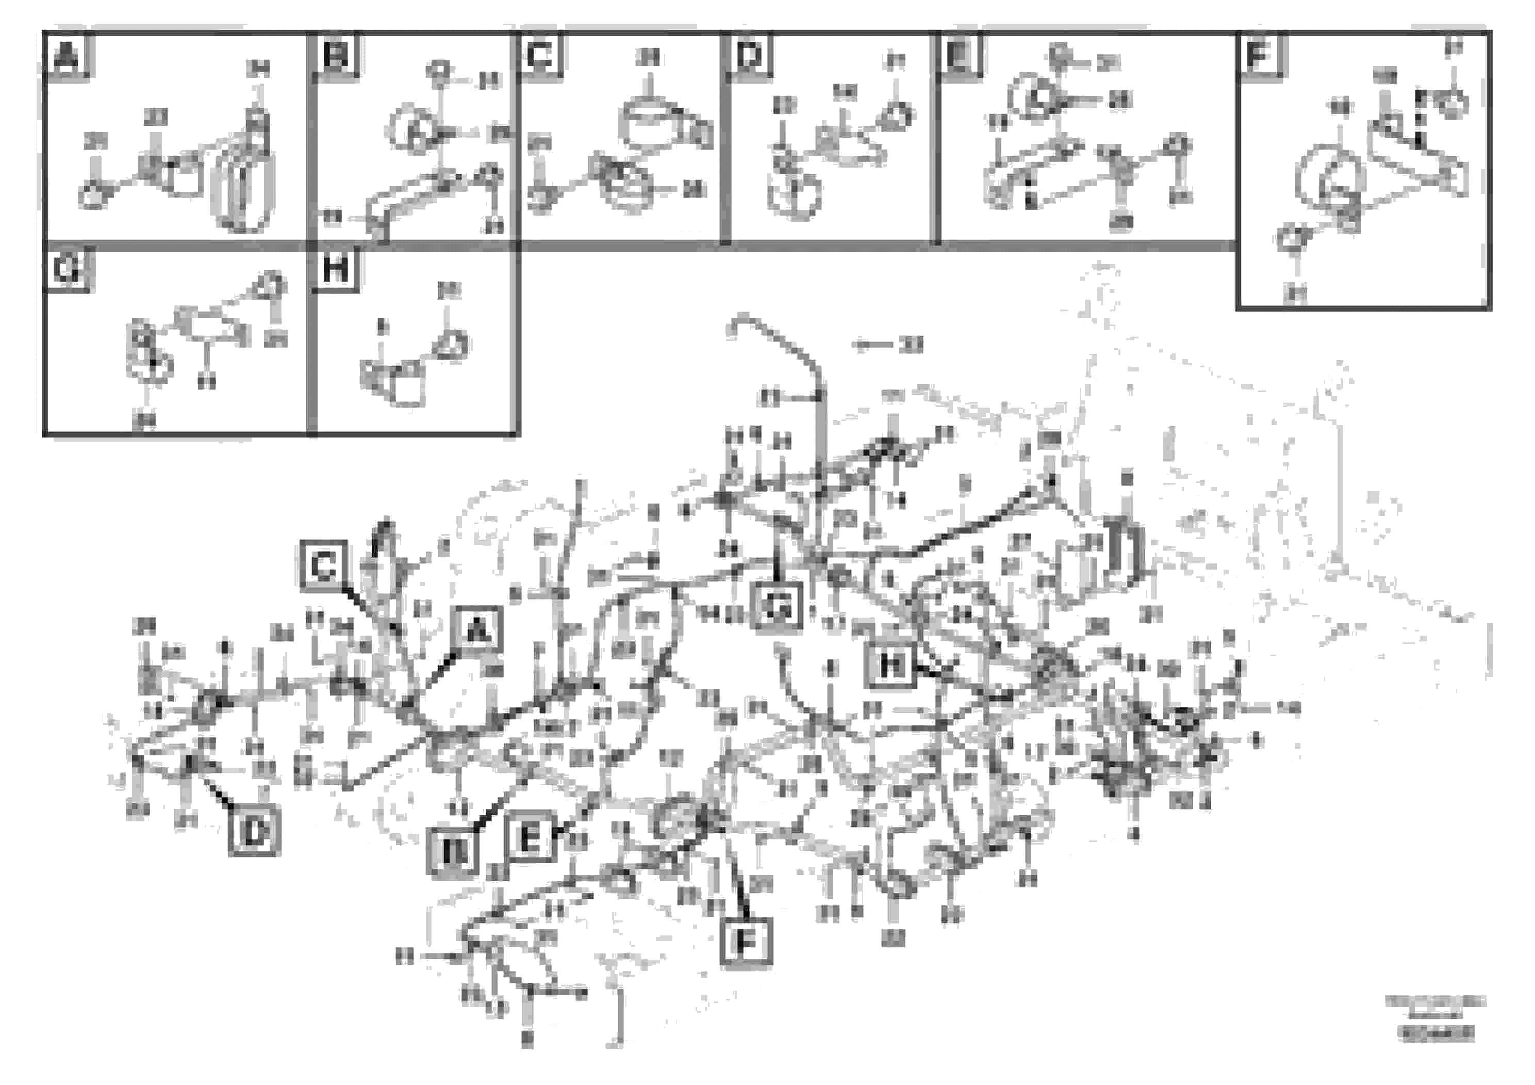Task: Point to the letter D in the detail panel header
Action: click(749, 56)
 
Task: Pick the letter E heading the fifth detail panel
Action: click(959, 56)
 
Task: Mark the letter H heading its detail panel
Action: click(335, 270)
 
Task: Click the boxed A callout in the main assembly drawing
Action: click(476, 629)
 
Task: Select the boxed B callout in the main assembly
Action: click(453, 852)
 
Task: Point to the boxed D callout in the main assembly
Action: click(254, 832)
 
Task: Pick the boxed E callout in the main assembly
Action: click(530, 836)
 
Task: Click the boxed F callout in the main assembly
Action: click(746, 942)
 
